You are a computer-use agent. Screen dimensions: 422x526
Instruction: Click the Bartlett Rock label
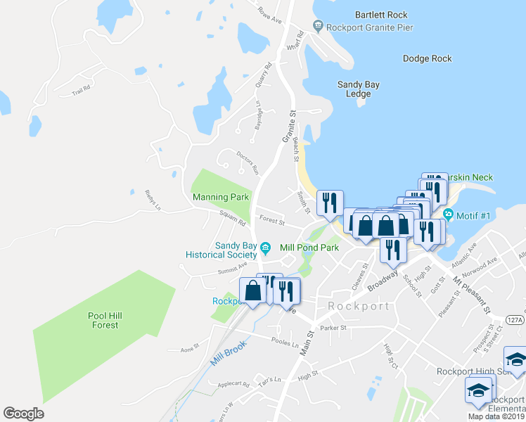click(x=381, y=14)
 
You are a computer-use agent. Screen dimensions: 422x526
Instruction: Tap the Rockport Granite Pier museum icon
click(x=319, y=27)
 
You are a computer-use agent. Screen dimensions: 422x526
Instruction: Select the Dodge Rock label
click(x=427, y=59)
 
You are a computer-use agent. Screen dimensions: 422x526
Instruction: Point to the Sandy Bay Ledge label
click(x=358, y=89)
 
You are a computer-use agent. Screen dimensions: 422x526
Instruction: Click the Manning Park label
click(x=220, y=198)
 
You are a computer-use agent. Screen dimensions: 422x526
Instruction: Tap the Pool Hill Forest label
click(x=105, y=321)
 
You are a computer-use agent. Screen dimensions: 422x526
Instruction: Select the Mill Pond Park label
click(x=309, y=248)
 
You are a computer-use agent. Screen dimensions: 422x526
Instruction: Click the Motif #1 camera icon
click(x=449, y=215)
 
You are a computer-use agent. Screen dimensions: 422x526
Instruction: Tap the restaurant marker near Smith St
click(x=330, y=203)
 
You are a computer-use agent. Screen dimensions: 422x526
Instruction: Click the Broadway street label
click(x=382, y=276)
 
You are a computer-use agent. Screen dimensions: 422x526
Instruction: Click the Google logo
click(x=24, y=414)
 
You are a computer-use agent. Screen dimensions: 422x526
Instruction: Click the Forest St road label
click(x=271, y=222)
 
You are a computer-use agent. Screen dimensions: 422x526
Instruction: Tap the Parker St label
click(x=333, y=328)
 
